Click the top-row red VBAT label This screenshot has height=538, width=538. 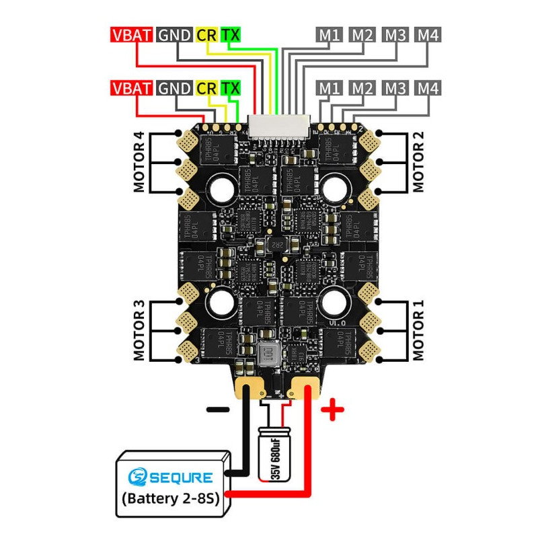tap(131, 35)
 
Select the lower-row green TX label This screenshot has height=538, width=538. tap(230, 88)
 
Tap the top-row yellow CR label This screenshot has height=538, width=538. tap(206, 35)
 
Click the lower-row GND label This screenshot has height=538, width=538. tap(174, 88)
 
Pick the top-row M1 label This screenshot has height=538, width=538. tap(330, 35)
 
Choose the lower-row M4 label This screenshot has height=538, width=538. tap(428, 88)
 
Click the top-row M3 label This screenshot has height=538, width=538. tap(395, 35)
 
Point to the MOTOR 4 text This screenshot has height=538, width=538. tap(139, 162)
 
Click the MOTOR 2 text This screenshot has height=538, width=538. tap(418, 162)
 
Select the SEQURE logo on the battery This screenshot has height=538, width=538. tap(171, 478)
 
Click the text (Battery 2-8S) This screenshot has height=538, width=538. tap(171, 500)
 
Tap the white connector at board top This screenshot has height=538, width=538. tap(276, 124)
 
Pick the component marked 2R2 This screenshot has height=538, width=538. tap(275, 245)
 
